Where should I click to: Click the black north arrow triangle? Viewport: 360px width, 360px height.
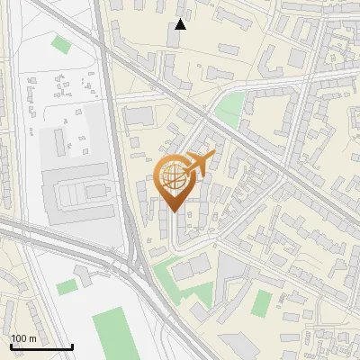(x=181, y=24)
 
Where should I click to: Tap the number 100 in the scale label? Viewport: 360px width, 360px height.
(x=18, y=338)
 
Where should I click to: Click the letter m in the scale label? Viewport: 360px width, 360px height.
(x=31, y=338)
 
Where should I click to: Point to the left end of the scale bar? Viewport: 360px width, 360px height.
(x=11, y=346)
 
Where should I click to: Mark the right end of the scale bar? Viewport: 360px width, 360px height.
(x=72, y=346)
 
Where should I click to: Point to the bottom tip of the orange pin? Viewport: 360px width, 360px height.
(x=173, y=211)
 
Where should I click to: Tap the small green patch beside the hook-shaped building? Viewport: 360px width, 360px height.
(x=67, y=286)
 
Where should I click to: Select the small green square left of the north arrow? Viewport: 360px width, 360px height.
(x=60, y=43)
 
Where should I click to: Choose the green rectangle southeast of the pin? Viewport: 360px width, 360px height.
(x=261, y=303)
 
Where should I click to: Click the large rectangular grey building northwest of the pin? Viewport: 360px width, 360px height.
(x=139, y=116)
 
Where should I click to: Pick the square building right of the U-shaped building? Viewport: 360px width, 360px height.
(x=297, y=59)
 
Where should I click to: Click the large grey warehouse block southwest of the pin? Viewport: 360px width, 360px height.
(x=81, y=193)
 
